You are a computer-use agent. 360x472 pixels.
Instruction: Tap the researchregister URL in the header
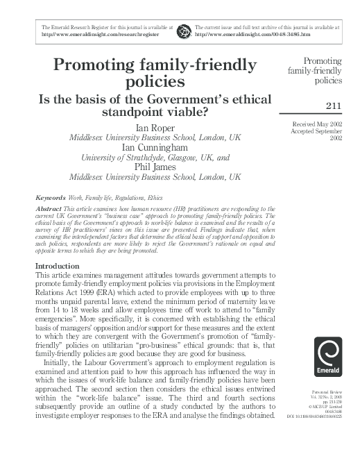pos(101,33)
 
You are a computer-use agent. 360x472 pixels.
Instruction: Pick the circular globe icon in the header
pos(184,30)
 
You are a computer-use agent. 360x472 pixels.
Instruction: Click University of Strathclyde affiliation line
pos(156,158)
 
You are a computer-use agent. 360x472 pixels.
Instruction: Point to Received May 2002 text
pos(320,123)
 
